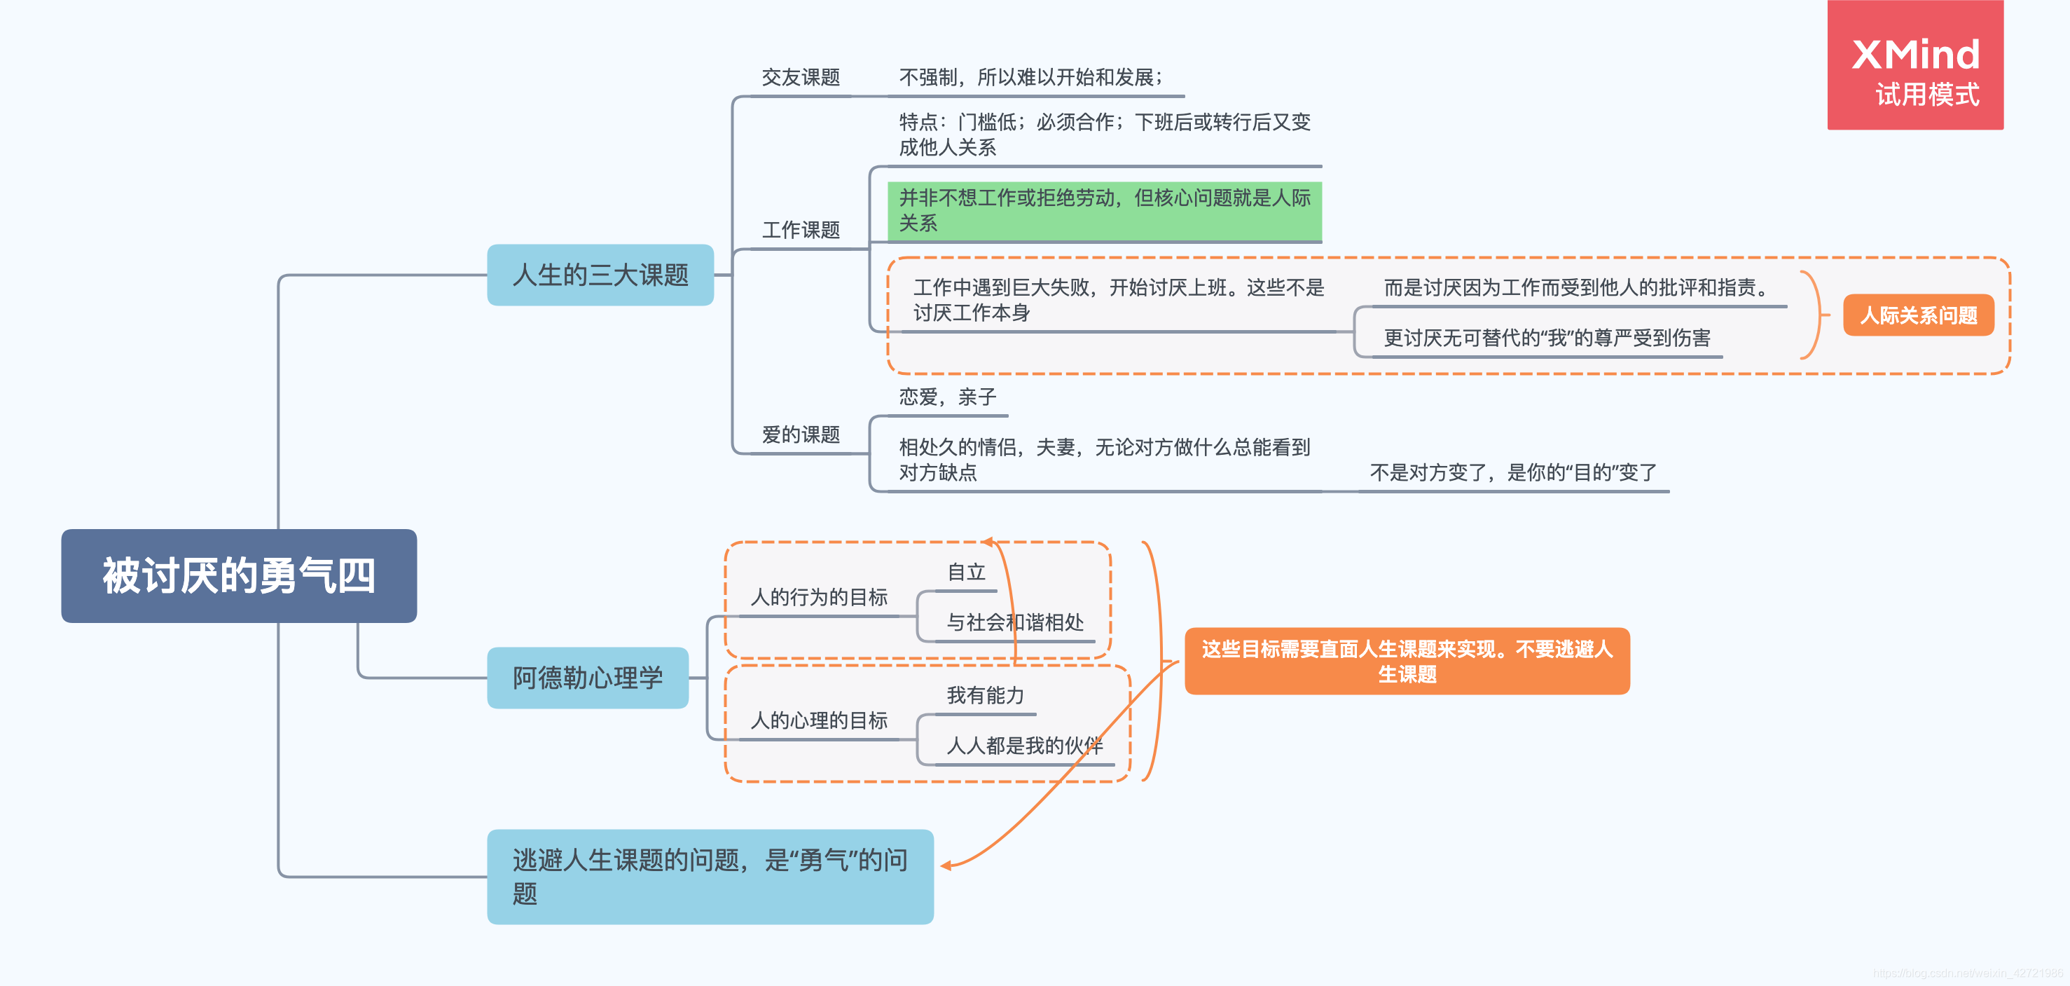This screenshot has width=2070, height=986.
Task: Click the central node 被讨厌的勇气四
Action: [239, 575]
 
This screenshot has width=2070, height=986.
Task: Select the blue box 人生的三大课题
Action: [600, 275]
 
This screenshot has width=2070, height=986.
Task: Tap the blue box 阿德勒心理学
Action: [588, 678]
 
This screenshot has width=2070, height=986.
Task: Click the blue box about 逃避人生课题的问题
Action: [710, 876]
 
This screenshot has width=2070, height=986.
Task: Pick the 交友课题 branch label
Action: [801, 78]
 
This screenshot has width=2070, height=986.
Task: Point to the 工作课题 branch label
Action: [801, 231]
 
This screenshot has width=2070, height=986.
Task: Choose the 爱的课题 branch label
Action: [801, 434]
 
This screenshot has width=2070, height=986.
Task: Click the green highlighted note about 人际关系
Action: [1104, 210]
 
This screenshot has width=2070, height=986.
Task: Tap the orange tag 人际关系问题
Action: [1918, 315]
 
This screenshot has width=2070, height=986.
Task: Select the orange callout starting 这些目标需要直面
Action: [1406, 661]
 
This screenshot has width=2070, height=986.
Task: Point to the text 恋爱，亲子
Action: [946, 397]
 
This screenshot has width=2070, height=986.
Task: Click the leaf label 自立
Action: [966, 572]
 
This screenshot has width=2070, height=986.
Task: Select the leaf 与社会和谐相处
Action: [1014, 622]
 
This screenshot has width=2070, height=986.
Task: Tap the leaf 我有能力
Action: [985, 695]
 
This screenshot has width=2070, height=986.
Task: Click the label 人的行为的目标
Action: [818, 597]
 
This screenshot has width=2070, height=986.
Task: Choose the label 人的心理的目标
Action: [818, 720]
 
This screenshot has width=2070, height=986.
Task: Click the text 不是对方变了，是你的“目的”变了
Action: [1512, 472]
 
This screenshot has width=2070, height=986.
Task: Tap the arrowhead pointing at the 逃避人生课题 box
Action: [946, 865]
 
